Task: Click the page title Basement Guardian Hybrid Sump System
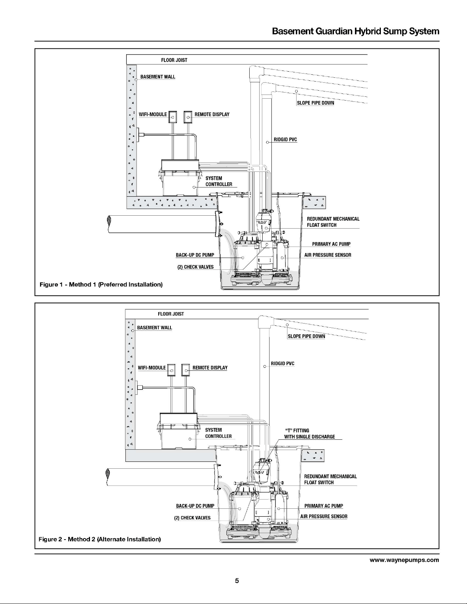(356, 31)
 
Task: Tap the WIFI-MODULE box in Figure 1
(173, 117)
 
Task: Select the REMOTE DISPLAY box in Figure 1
(188, 117)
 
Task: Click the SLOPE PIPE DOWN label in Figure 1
(316, 103)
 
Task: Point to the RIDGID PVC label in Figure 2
(282, 363)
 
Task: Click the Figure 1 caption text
(101, 284)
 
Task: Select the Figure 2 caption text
(100, 539)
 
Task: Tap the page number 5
(237, 581)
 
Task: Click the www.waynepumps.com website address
(404, 560)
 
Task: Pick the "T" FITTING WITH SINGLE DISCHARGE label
(310, 434)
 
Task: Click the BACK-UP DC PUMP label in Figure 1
(195, 255)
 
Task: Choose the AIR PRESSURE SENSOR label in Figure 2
(324, 516)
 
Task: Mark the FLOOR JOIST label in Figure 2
(171, 314)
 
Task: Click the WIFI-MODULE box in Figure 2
(172, 370)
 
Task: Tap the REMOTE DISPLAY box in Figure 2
(186, 370)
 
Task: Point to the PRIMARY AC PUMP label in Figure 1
(331, 244)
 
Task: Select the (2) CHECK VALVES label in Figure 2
(192, 518)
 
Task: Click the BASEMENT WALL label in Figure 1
(157, 77)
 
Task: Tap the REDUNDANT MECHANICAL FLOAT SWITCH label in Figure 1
(333, 222)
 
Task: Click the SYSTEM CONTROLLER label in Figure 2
(218, 433)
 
